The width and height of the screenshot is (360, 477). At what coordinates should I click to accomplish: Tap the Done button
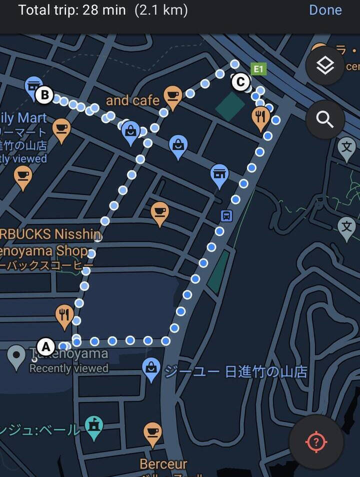point(325,10)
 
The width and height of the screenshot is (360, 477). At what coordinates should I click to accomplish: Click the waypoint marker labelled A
point(46,346)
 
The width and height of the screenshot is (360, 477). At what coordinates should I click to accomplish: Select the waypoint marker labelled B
point(44,94)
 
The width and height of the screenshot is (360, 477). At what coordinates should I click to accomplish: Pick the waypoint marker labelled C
point(240,81)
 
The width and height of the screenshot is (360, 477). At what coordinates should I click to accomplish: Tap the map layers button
point(325,65)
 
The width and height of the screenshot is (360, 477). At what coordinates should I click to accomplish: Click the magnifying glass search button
point(325,119)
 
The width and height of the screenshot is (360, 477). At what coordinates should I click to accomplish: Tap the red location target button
point(316,442)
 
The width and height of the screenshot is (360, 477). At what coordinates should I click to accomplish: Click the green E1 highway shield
point(258,69)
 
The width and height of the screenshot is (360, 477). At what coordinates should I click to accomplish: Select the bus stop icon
point(226,216)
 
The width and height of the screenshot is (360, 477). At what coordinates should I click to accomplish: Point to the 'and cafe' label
point(132,100)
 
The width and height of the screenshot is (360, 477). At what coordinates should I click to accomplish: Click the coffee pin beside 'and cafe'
point(172,96)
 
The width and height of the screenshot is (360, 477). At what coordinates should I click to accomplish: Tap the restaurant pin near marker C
point(260,117)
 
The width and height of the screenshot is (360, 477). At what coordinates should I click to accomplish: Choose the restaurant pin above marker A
point(64,315)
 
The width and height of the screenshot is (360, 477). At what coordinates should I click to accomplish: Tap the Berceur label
point(163,464)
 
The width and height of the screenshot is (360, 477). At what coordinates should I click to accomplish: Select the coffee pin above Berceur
point(152,433)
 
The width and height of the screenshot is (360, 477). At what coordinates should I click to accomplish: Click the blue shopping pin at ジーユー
point(151,368)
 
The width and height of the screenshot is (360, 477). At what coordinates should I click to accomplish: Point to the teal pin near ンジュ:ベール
point(94,426)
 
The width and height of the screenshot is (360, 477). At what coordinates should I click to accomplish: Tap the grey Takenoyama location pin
point(16,356)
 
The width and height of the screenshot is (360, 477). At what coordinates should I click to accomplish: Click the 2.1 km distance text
point(161,10)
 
